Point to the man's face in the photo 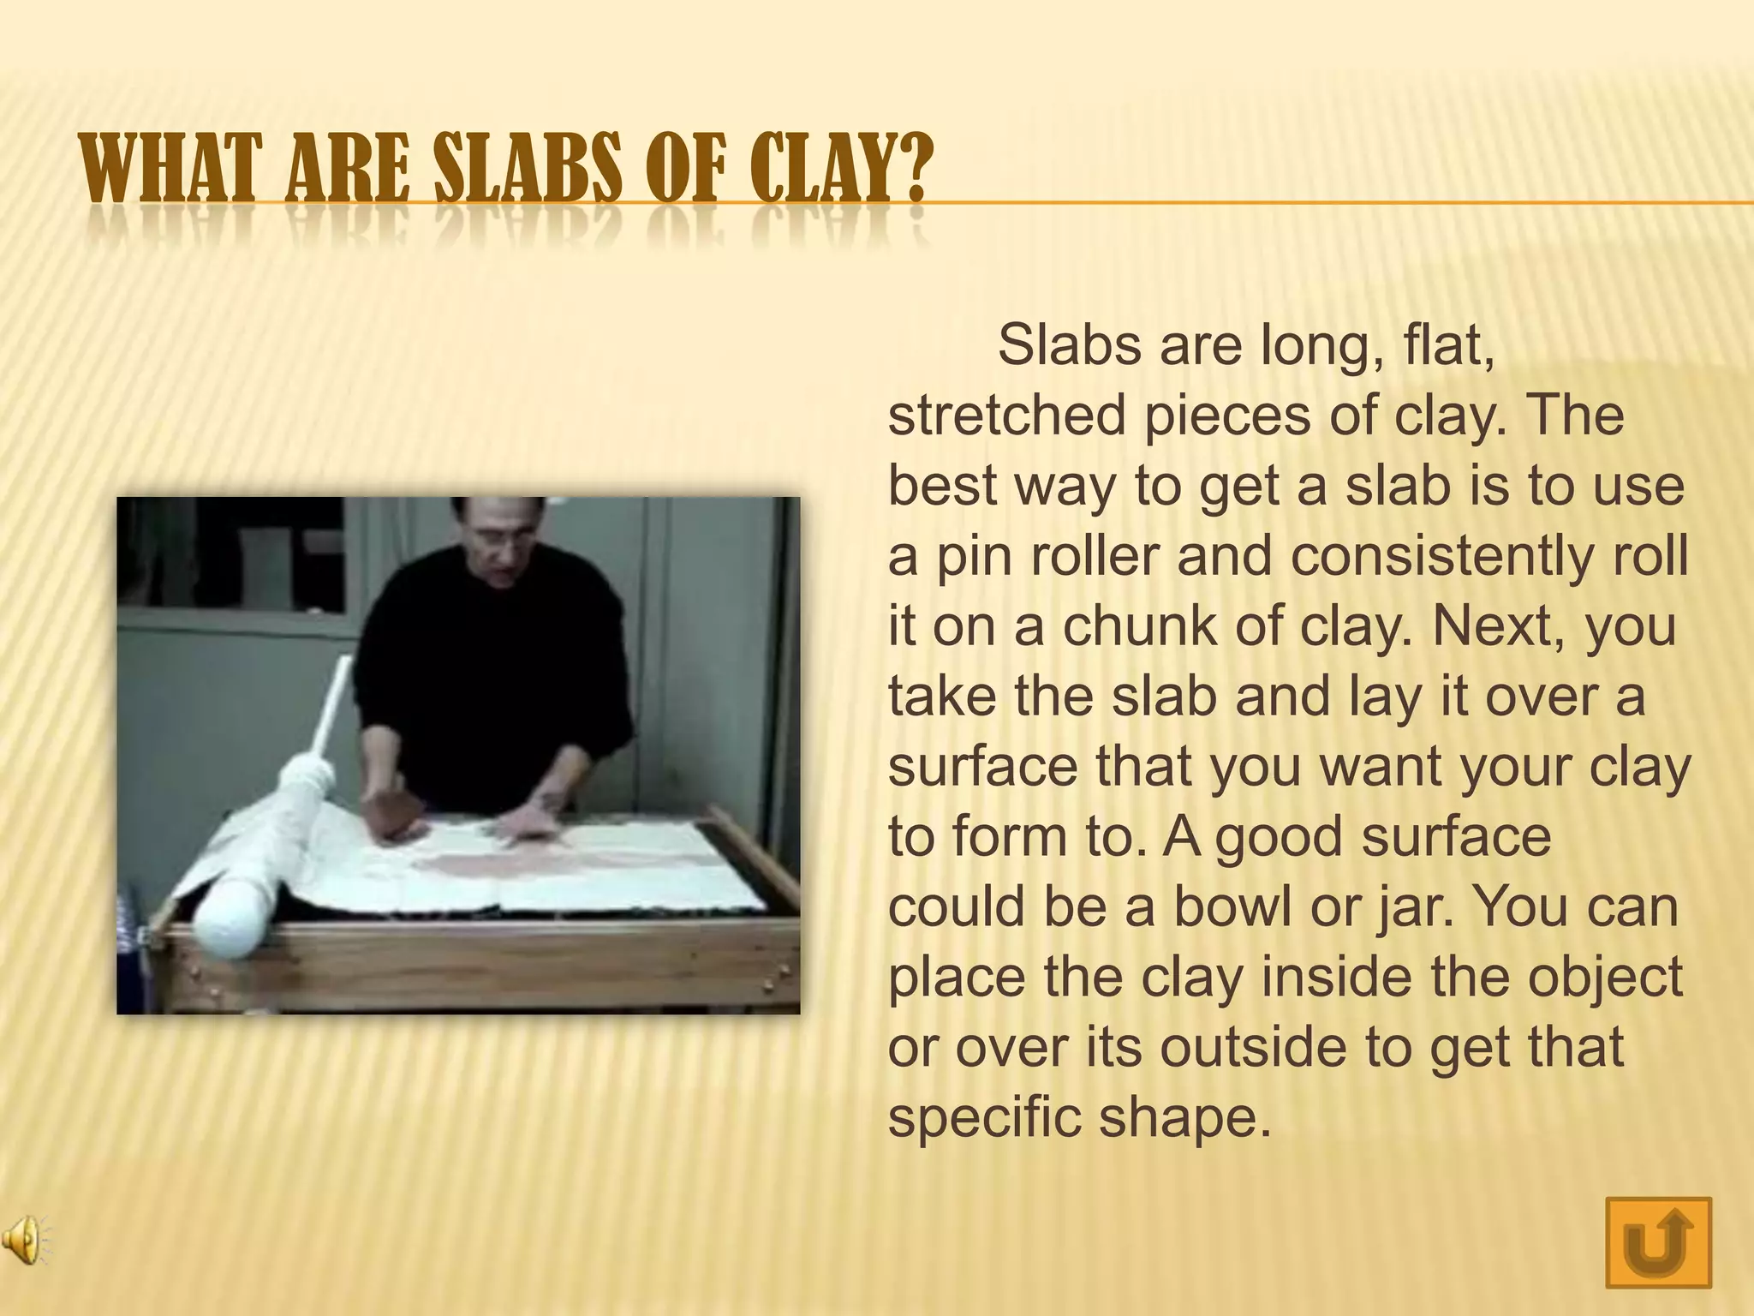[x=502, y=539]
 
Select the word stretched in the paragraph [x=1006, y=416]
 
